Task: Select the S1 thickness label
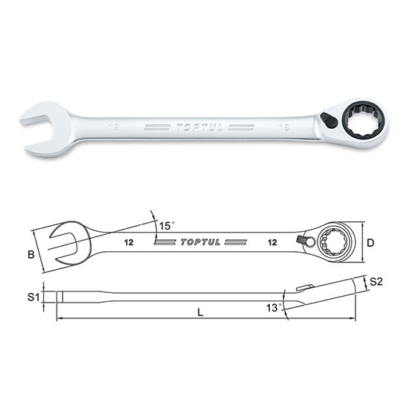coord(32,297)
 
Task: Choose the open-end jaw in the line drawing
coord(61,243)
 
